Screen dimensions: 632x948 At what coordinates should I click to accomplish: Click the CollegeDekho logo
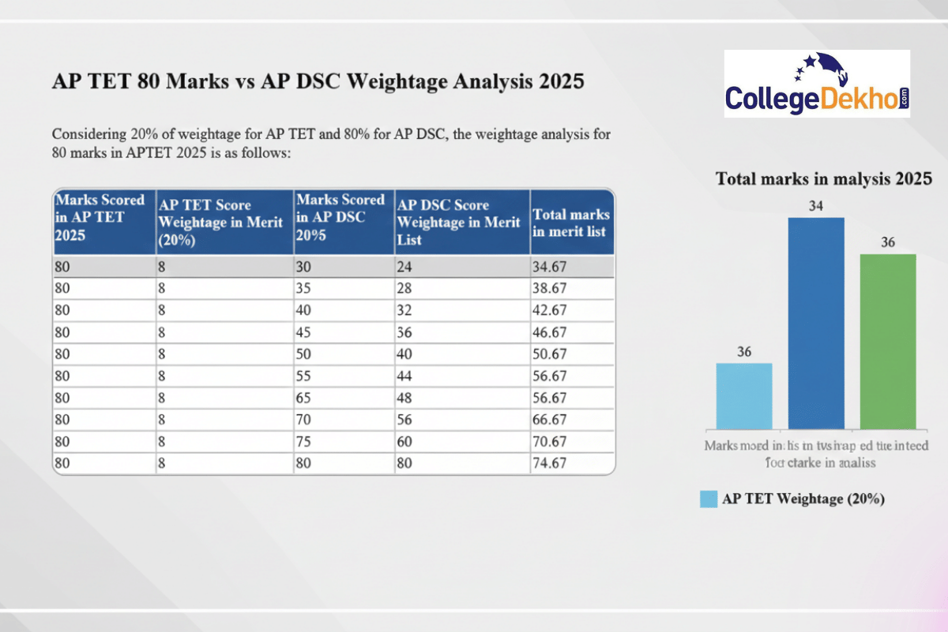coord(817,84)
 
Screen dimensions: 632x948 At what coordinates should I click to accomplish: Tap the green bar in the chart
coord(888,340)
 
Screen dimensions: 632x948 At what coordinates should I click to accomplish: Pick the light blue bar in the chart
coord(744,395)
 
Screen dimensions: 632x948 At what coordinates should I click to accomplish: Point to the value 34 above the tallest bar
coord(816,206)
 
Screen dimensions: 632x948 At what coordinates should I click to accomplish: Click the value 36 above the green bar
coord(888,243)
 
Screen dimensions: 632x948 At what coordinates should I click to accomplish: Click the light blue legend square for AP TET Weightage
coord(708,499)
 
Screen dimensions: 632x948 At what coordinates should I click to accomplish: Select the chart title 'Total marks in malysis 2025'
coord(824,179)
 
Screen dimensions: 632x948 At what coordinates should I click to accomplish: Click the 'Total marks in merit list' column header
coord(571,223)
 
